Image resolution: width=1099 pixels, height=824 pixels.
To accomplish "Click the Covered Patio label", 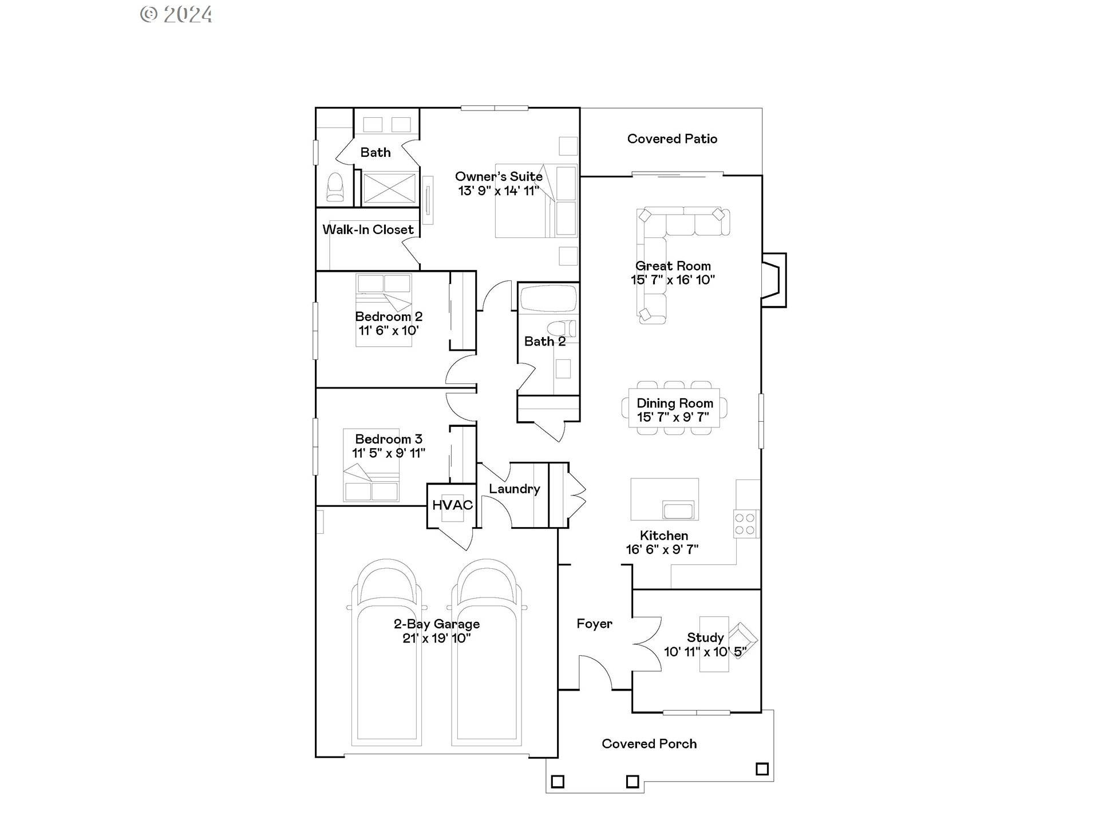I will point(672,138).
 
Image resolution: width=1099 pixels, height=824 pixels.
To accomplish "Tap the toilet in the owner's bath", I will point(335,188).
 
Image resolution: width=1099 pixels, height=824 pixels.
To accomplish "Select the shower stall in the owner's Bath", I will point(389,188).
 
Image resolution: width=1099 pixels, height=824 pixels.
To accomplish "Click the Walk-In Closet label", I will point(367,229).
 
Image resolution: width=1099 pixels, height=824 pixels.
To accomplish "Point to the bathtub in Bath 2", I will point(548,298).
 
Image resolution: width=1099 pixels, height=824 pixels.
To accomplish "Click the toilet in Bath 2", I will point(562,329).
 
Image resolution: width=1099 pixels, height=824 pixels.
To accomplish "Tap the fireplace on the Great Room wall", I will point(773,280).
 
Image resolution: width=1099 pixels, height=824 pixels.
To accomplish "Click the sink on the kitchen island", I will point(678,510).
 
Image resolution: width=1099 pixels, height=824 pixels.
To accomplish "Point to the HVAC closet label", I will point(452,505).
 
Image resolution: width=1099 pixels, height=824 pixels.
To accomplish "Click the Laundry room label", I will point(514,489).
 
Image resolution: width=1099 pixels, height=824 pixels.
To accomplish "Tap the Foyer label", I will point(594,624).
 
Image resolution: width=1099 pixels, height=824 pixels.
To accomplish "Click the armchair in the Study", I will point(742,639).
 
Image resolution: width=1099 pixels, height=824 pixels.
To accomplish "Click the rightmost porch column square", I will point(762,768).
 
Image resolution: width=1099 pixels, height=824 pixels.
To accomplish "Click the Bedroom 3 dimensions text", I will point(388,453).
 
